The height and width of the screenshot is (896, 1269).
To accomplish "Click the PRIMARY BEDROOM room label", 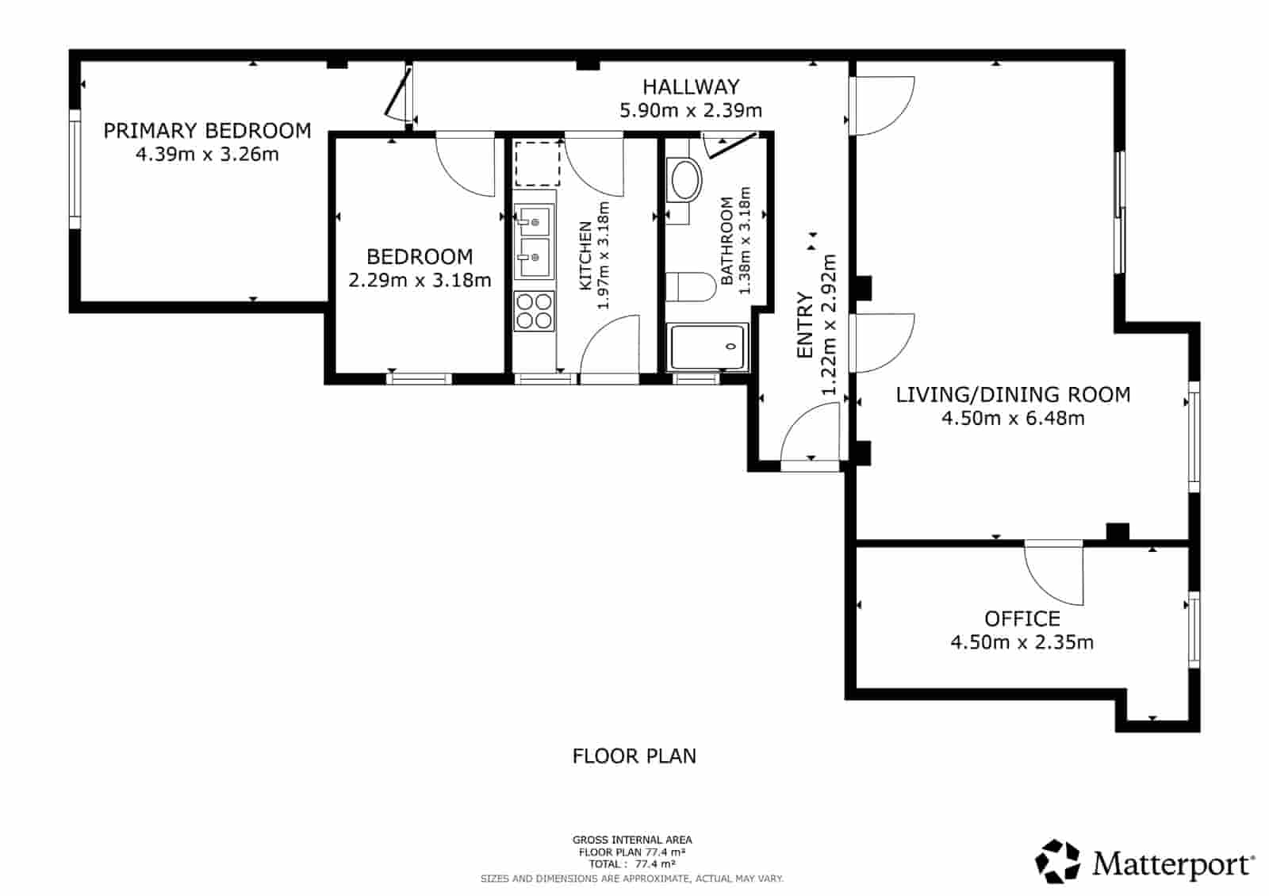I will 207,130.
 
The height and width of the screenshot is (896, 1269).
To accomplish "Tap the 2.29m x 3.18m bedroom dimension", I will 420,280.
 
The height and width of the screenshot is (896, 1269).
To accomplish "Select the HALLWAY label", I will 691,86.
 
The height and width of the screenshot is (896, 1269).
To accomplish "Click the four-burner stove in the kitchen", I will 534,311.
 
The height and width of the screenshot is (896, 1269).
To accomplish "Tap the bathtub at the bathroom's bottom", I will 707,347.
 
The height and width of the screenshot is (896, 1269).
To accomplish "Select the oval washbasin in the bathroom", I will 686,180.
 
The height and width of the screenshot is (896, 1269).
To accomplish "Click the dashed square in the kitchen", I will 537,163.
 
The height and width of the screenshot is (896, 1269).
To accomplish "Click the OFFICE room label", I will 1022,618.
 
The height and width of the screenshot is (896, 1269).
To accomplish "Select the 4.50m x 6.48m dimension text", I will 1013,418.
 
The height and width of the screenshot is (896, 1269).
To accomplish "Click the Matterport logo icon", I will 1058,861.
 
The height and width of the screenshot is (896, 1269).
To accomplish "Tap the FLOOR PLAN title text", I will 634,756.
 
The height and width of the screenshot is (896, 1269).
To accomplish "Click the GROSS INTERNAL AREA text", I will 632,840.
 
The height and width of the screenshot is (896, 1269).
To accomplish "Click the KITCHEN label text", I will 585,255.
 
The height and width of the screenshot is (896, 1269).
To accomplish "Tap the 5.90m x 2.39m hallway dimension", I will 691,110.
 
